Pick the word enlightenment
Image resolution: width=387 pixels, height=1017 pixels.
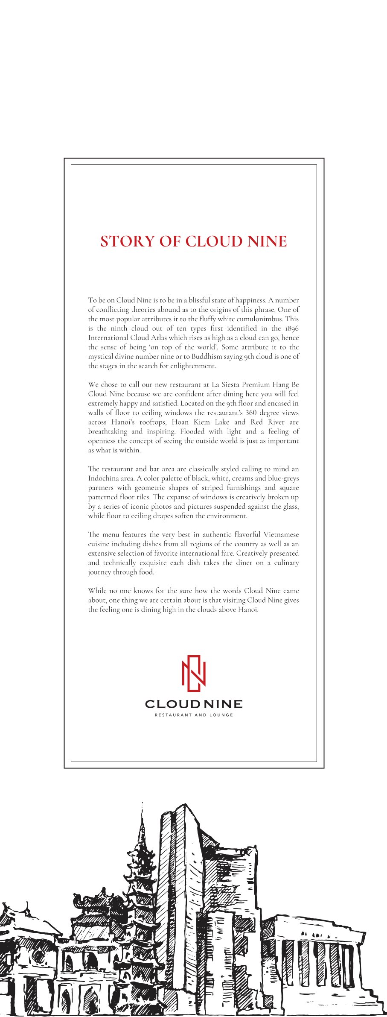[x=190, y=366]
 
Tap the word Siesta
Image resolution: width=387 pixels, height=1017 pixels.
[x=229, y=385]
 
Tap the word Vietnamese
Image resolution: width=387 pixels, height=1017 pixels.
[x=281, y=535]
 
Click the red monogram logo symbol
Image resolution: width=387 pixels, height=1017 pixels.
[x=194, y=674]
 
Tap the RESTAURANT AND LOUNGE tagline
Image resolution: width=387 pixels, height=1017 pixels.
[x=194, y=715]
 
